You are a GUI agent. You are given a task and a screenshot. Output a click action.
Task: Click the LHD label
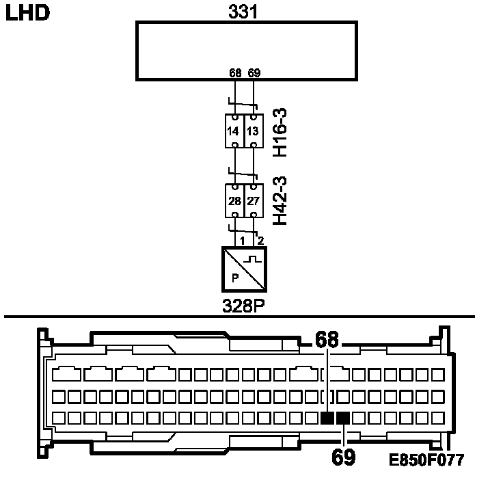pyautogui.click(x=27, y=13)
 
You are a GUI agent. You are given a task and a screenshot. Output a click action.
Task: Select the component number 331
pyautogui.click(x=245, y=12)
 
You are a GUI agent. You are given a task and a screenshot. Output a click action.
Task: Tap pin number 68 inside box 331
pyautogui.click(x=235, y=72)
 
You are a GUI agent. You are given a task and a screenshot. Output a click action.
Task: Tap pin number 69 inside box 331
pyautogui.click(x=254, y=72)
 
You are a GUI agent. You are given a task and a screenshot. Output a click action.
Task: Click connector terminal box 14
pyautogui.click(x=234, y=131)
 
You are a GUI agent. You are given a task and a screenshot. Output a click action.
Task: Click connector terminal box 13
pyautogui.click(x=254, y=131)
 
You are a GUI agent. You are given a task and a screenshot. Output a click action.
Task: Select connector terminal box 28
pyautogui.click(x=234, y=201)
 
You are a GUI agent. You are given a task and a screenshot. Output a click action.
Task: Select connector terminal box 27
pyautogui.click(x=254, y=201)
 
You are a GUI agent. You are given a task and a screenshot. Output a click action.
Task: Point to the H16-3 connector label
pyautogui.click(x=280, y=131)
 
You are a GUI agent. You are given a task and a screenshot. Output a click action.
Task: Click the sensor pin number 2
pyautogui.click(x=260, y=240)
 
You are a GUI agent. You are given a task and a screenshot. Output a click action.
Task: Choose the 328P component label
pyautogui.click(x=244, y=304)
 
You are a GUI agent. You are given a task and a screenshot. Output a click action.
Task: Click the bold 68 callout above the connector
pyautogui.click(x=328, y=338)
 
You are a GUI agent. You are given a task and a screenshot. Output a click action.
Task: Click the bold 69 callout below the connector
pyautogui.click(x=343, y=457)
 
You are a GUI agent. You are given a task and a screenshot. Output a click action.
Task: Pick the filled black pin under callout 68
pyautogui.click(x=328, y=418)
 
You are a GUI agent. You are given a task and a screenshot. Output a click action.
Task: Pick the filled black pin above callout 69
pyautogui.click(x=343, y=418)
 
